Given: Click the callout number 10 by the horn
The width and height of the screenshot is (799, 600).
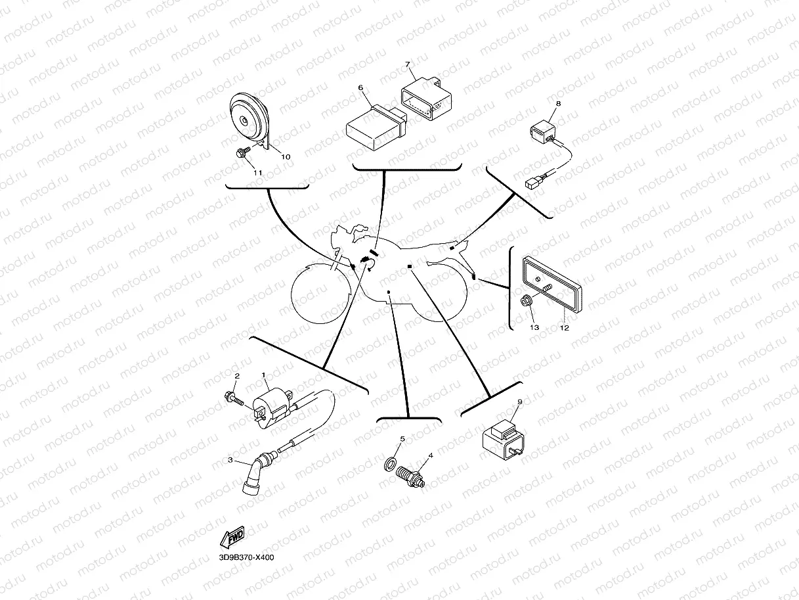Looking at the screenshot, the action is click(x=286, y=157).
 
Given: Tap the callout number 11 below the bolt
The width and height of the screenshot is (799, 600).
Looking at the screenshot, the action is click(x=258, y=173).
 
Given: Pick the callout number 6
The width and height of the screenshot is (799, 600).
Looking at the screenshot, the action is click(x=360, y=88).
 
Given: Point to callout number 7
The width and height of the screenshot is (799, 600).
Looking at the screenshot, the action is click(x=407, y=64).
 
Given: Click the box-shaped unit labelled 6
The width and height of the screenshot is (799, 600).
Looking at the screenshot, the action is click(x=376, y=127).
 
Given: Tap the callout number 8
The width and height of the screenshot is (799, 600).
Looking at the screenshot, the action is click(x=559, y=103).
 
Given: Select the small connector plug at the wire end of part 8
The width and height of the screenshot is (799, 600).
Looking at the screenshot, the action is click(x=531, y=183).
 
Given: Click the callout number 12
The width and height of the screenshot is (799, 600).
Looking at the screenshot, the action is click(x=564, y=328).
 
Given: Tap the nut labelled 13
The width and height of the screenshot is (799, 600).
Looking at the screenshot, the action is click(x=525, y=301).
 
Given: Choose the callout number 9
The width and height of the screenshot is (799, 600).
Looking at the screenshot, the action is click(x=520, y=402).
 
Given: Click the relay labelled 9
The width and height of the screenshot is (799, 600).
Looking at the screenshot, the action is click(x=504, y=438).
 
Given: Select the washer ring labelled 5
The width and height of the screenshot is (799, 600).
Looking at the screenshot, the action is click(x=390, y=464).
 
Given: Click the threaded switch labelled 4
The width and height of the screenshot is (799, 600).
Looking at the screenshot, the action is click(x=410, y=477).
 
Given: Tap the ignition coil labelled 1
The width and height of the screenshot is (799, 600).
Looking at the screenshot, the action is click(x=272, y=408).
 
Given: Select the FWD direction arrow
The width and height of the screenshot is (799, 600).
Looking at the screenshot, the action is click(x=232, y=537).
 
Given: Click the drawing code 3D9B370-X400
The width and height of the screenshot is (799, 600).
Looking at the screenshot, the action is click(x=246, y=558).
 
